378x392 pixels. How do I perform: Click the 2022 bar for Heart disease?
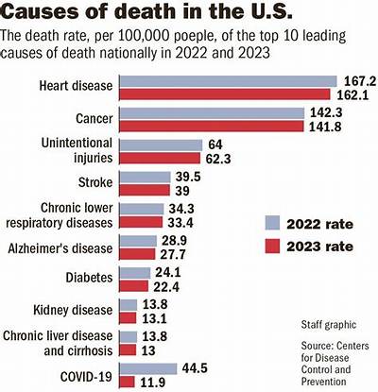click(x=229, y=81)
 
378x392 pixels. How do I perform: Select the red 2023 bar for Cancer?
click(x=212, y=126)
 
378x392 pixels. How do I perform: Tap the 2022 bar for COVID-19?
click(x=148, y=368)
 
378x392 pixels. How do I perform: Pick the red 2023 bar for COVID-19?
click(x=128, y=382)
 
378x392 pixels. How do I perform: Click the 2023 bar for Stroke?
click(x=145, y=190)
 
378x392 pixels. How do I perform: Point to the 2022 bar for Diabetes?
click(x=135, y=273)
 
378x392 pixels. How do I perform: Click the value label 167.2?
click(x=360, y=81)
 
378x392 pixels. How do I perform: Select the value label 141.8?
click(x=326, y=127)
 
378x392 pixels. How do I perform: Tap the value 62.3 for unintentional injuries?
click(x=218, y=159)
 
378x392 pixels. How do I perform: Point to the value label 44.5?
click(x=195, y=368)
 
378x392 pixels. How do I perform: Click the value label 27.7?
click(x=173, y=254)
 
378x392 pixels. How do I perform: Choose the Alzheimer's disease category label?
click(x=60, y=248)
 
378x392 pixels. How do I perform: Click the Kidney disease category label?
click(x=73, y=310)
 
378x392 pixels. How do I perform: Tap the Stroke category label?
click(x=95, y=182)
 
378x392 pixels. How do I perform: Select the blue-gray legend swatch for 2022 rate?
click(x=272, y=223)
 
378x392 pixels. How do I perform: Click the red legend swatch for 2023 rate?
click(x=272, y=246)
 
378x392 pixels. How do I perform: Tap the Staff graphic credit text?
click(x=329, y=325)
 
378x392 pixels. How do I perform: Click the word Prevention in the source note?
click(x=323, y=382)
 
